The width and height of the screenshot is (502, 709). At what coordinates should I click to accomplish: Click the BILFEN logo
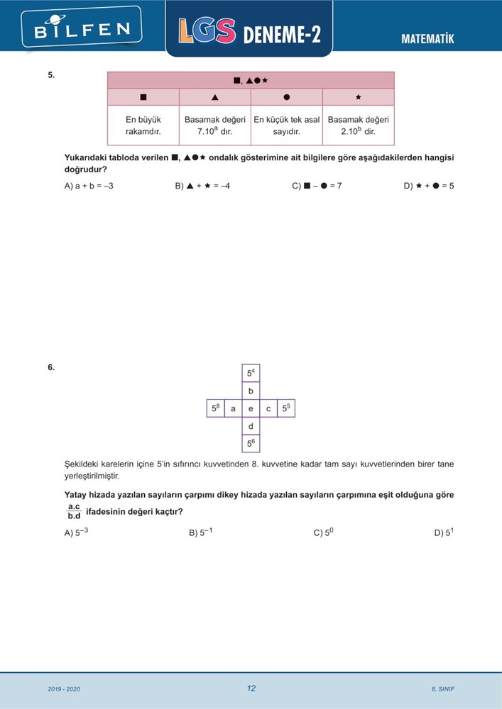coord(82,28)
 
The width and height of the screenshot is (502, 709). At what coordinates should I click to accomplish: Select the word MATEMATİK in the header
coord(427,39)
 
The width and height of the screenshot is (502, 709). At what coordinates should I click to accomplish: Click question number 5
coord(51,74)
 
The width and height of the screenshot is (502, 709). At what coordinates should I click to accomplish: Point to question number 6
coord(51,367)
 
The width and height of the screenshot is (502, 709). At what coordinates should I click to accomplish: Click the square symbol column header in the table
coord(143,97)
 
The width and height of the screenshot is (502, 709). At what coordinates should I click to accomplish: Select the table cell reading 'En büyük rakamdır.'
coord(143,125)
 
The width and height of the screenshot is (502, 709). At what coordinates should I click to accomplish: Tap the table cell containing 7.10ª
coord(215,125)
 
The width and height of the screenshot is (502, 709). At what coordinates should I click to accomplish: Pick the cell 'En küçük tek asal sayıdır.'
coord(287,125)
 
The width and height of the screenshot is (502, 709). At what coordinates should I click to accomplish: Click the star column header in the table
coord(358,97)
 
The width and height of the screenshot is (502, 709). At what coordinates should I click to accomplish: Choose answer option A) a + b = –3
coord(89,186)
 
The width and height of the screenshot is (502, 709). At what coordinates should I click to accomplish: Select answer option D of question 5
coord(429,186)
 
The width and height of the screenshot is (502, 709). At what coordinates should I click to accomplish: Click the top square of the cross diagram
coord(251,373)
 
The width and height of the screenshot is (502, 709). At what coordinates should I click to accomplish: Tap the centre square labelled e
coord(251,408)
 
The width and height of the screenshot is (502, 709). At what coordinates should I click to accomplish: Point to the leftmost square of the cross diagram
coord(215,408)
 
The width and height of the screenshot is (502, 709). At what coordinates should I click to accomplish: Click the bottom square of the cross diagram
coord(251,444)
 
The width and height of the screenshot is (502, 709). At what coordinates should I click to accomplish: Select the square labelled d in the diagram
coord(251,426)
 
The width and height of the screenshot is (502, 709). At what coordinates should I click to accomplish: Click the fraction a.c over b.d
coord(74,511)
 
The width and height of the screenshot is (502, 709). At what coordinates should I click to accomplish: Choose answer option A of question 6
coord(77,532)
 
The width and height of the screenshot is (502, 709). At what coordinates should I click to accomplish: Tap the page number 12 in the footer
coord(251,688)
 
